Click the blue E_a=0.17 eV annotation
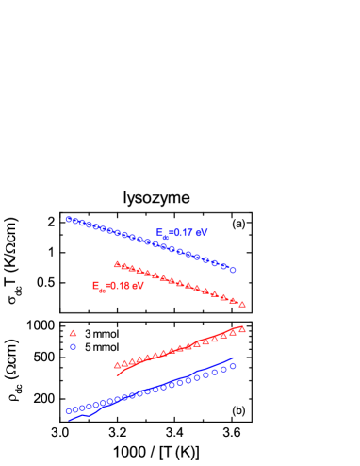pos(182,233)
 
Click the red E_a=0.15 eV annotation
pos(118,286)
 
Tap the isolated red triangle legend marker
pos(73,333)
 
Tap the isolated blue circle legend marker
pos(73,347)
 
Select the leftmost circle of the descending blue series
pos(69,219)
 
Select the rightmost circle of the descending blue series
pos(233,270)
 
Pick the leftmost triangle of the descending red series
pos(117,264)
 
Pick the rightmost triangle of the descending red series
pos(242,304)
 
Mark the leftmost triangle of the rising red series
pos(117,365)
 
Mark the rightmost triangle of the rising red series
pos(242,329)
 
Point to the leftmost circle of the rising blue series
pos(69,411)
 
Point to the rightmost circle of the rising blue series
pos(233,366)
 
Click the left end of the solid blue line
pos(69,420)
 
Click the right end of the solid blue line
pos(234,358)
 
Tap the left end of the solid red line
pos(118,375)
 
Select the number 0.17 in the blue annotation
pos(184,232)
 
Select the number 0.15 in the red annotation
pos(120,286)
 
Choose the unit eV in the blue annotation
pos(202,232)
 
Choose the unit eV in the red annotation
pos(138,286)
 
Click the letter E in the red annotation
pos(95,285)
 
